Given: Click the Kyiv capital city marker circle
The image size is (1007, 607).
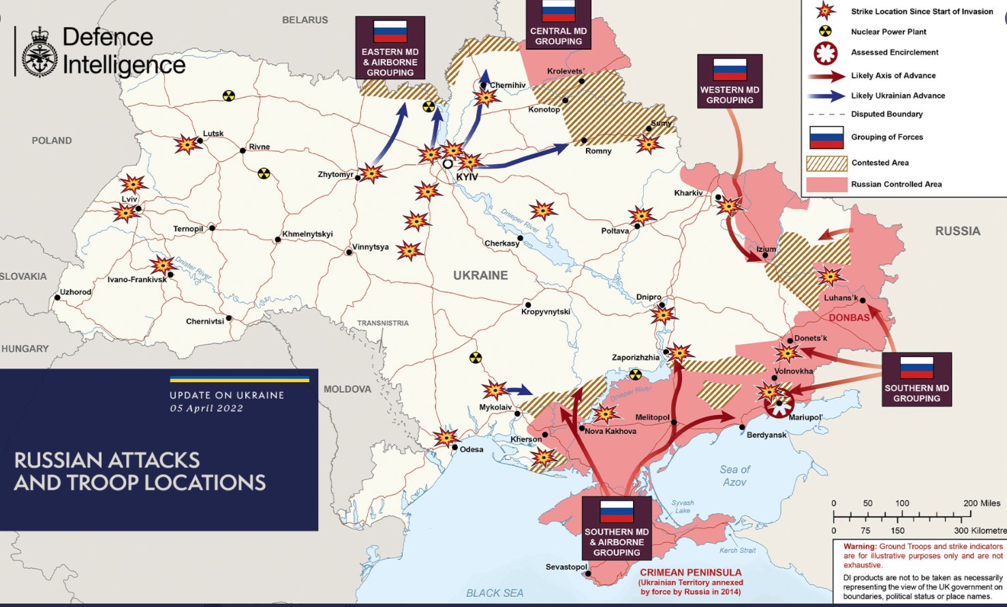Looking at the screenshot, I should [448, 164].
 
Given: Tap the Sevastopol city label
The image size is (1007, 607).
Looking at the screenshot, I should [566, 567].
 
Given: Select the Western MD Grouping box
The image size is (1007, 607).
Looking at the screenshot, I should [729, 81].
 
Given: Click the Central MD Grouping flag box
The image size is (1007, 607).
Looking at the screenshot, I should [558, 24].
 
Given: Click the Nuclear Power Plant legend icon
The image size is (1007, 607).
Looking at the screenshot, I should [825, 31].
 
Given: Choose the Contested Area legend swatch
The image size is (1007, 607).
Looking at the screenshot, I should [826, 163].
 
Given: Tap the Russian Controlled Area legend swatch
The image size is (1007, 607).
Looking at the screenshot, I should [826, 184].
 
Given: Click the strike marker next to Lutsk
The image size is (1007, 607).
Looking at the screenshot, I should [186, 144].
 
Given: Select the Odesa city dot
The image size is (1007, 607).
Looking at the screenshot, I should [454, 448].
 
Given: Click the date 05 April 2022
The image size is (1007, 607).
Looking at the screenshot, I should [206, 409].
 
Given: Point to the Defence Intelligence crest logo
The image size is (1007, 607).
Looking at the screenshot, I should [40, 53].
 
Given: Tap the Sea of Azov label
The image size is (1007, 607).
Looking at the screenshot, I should [734, 476].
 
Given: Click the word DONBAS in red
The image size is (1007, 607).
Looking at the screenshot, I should [849, 317].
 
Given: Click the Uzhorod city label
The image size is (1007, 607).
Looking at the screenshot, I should [76, 292].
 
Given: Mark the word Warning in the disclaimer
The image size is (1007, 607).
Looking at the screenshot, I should [859, 546].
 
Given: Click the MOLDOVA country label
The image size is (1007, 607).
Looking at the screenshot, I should [347, 389].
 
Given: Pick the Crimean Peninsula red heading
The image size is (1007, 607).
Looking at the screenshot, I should [690, 572].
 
